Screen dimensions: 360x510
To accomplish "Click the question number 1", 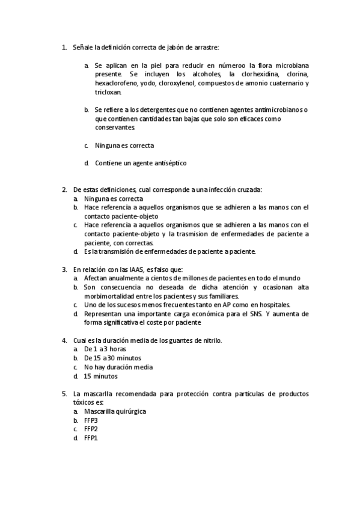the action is point(64,46).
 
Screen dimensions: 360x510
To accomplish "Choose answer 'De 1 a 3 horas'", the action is point(105,349).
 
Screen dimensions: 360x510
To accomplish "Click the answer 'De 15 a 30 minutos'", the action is point(113,358).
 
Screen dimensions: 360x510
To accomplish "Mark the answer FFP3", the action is point(91,420).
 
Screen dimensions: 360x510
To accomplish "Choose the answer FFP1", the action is point(91,438).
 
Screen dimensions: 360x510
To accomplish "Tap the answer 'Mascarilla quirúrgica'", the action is point(115,411).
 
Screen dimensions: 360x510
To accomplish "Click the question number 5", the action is point(64,393).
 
